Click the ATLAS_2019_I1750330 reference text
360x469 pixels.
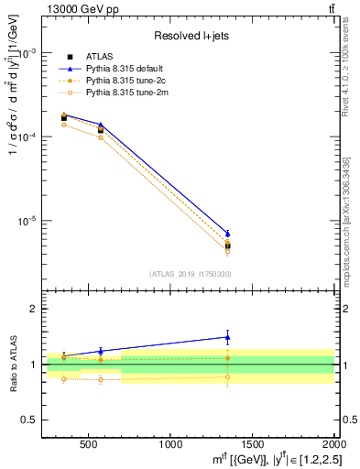190,274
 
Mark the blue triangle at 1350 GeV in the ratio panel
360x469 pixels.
228,337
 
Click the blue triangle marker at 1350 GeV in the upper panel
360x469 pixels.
228,234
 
